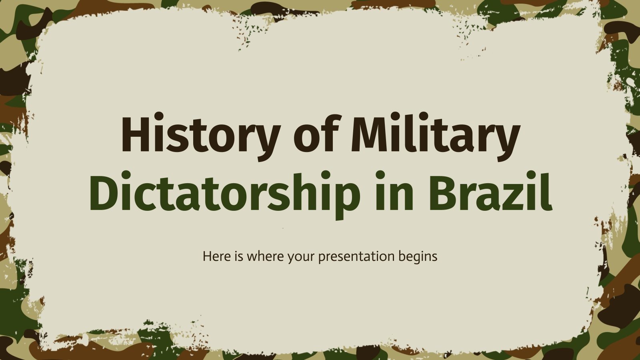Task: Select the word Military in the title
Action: (x=435, y=134)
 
